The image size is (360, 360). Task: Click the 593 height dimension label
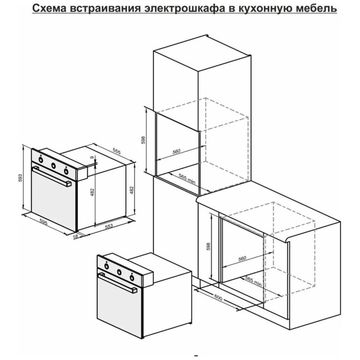(21, 178)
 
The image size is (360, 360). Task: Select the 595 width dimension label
(44, 222)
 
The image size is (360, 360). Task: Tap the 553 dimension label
(109, 226)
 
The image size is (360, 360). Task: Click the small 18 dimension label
(76, 236)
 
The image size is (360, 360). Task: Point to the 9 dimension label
(92, 157)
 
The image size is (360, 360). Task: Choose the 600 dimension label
(219, 298)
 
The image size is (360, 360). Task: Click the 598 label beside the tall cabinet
(143, 140)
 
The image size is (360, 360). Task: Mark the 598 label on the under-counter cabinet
(209, 246)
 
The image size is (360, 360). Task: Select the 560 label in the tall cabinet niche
(176, 152)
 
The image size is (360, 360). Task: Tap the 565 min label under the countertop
(254, 281)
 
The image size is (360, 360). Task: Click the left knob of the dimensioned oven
(41, 159)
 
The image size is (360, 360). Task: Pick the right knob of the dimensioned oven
(66, 171)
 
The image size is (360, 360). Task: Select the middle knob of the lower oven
(119, 272)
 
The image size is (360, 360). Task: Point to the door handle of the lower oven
(117, 283)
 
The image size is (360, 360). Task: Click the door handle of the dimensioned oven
(51, 176)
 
